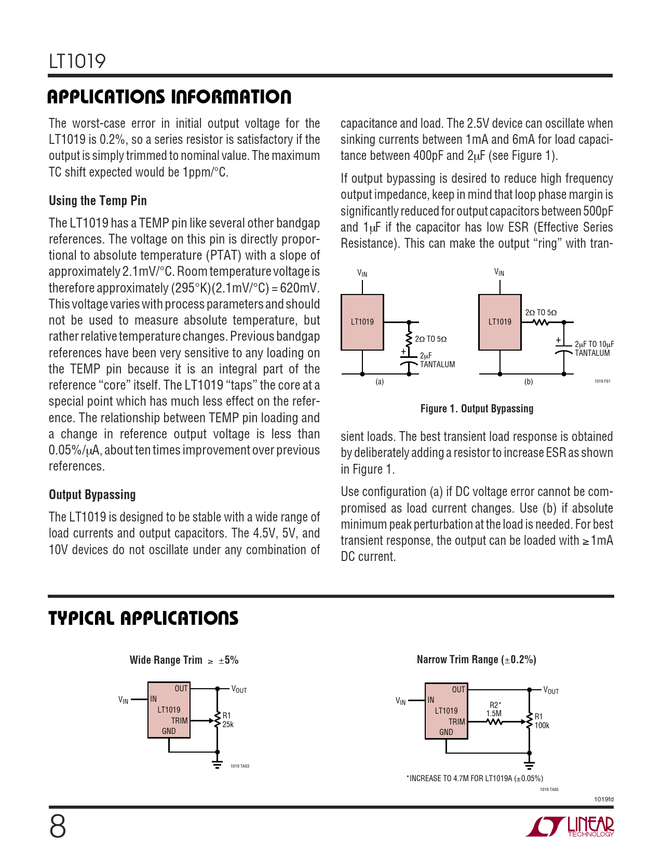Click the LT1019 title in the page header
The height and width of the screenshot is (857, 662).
[77, 61]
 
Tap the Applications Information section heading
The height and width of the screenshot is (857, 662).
[169, 97]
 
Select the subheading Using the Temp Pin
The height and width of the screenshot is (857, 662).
[98, 201]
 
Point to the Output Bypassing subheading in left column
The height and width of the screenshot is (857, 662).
[92, 495]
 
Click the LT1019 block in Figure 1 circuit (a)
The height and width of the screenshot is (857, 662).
[362, 322]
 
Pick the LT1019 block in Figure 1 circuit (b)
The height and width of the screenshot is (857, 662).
[499, 322]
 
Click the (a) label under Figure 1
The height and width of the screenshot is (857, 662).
[380, 382]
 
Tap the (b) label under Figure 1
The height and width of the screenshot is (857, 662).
[529, 382]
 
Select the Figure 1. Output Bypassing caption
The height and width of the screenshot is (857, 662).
[477, 409]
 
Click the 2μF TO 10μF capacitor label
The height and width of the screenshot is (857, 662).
[594, 344]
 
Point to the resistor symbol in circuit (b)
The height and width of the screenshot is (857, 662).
[541, 323]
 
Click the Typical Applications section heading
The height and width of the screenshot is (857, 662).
[143, 619]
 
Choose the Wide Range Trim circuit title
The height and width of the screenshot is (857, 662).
[184, 660]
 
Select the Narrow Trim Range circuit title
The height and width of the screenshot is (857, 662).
[476, 660]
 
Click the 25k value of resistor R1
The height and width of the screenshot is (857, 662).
[228, 725]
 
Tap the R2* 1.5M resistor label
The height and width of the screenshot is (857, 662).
[494, 709]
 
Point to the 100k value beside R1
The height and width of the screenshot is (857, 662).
[542, 726]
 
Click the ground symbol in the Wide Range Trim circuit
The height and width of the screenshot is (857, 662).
[218, 764]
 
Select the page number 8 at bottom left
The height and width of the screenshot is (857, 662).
[58, 827]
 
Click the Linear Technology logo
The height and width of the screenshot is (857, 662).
[570, 827]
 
